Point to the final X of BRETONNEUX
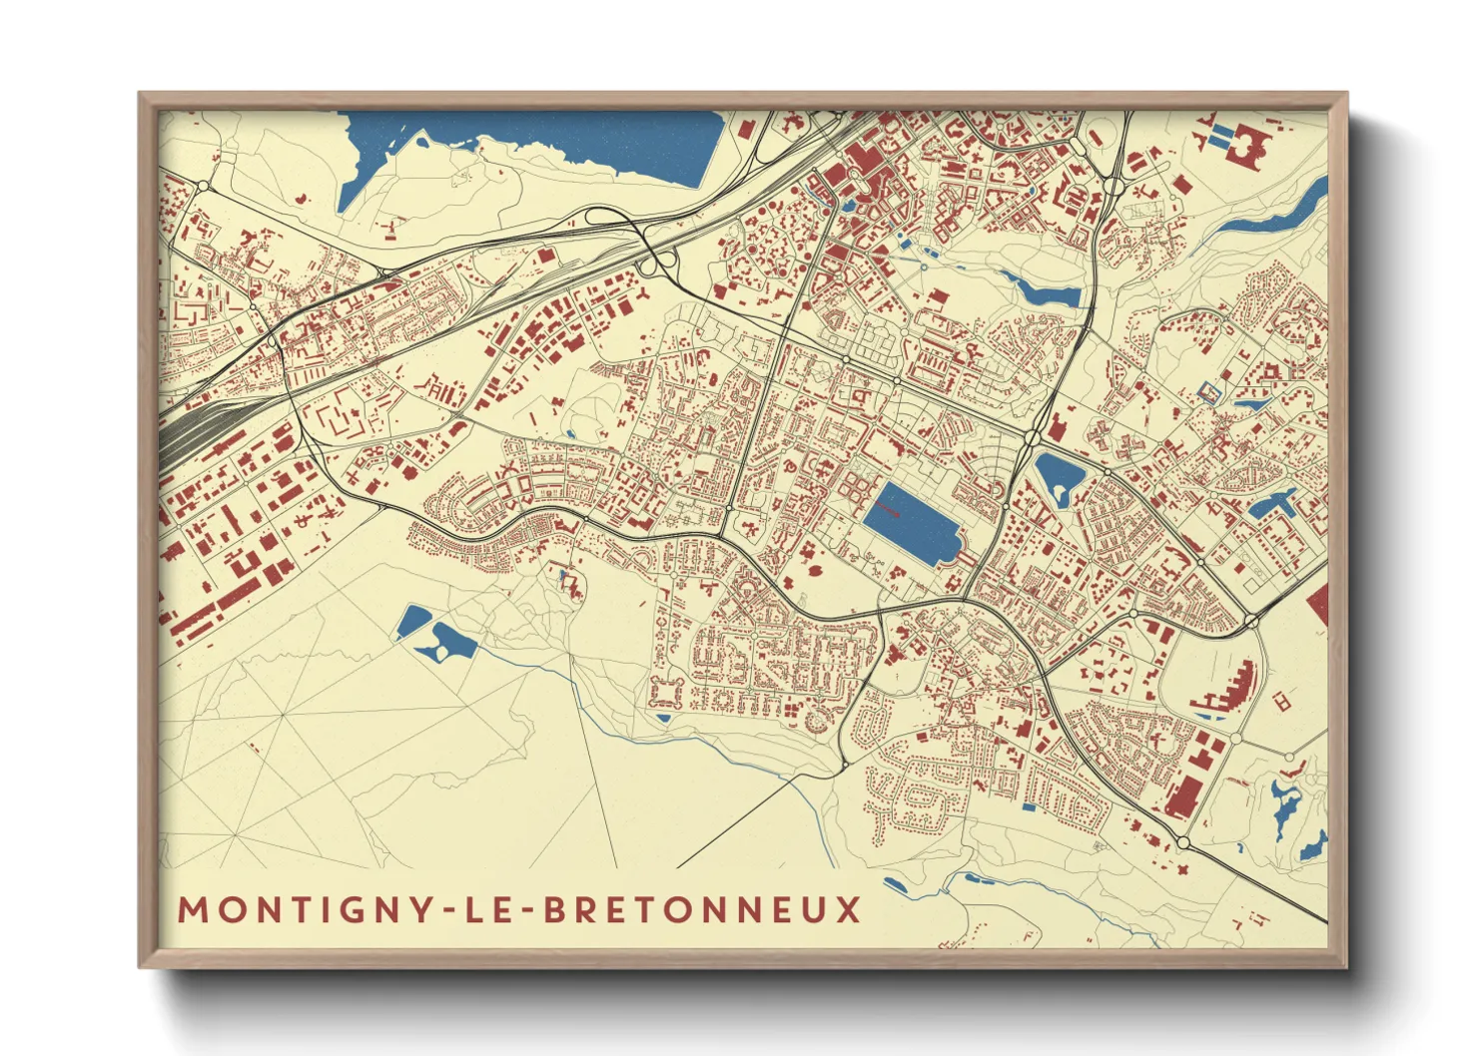click(x=849, y=910)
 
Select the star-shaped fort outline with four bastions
click(x=666, y=691)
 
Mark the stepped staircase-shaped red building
click(x=1234, y=688)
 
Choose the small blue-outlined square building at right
click(x=1208, y=393)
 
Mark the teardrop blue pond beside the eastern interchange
click(x=1054, y=477)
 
